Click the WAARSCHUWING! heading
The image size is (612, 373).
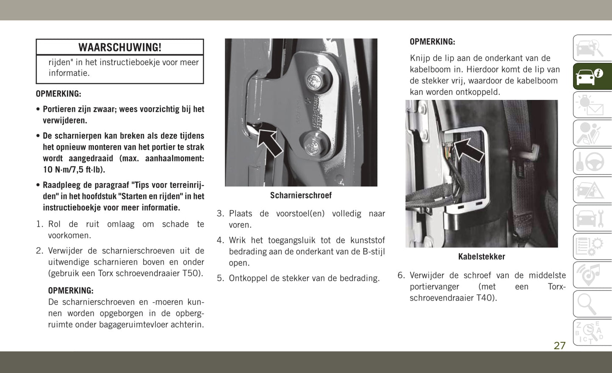point(120,47)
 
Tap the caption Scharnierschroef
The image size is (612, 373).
point(301,195)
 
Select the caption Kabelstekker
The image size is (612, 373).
point(482,257)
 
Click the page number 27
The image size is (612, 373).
point(559,345)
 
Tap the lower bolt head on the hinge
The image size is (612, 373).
point(313,144)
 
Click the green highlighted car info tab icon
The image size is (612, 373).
point(592,76)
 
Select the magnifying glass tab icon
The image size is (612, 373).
point(592,304)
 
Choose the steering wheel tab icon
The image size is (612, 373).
point(592,161)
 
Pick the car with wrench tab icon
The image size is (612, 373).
point(592,218)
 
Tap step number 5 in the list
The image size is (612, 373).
point(220,278)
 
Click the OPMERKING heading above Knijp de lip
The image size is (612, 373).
point(432,42)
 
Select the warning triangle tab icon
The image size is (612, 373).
point(592,190)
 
